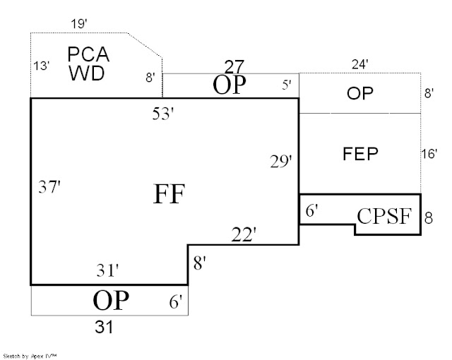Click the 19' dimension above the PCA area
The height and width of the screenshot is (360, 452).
(x=79, y=24)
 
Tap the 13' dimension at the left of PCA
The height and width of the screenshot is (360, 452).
(x=42, y=66)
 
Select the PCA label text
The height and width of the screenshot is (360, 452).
(x=88, y=54)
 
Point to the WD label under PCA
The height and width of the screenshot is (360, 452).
(x=86, y=73)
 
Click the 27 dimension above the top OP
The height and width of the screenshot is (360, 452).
(x=234, y=67)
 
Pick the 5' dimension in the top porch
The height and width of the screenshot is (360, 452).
(x=287, y=85)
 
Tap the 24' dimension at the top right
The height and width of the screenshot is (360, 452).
(x=360, y=64)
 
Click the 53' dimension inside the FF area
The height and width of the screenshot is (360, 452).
(x=163, y=113)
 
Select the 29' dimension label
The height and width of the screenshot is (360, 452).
(x=281, y=161)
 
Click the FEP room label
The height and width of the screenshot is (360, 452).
(x=360, y=153)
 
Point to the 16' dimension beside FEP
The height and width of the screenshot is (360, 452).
(x=429, y=154)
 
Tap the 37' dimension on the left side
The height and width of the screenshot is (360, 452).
(x=49, y=186)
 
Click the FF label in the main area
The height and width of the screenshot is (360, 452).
(x=169, y=194)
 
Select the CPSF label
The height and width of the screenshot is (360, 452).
(x=384, y=216)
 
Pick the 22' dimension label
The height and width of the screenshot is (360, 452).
(x=244, y=234)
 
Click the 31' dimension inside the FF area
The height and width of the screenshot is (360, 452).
(x=107, y=270)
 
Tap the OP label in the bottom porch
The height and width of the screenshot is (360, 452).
(x=111, y=300)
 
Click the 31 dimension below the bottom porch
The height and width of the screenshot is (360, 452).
(x=104, y=327)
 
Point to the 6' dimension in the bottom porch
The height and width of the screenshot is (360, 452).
(x=176, y=302)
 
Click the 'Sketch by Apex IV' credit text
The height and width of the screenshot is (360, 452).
(x=30, y=356)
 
